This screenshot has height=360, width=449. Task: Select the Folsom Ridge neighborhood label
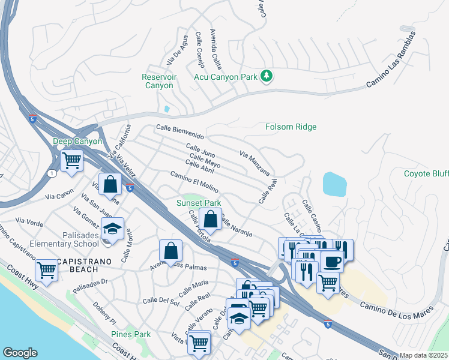pyautogui.click(x=291, y=127)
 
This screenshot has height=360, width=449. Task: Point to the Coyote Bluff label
pyautogui.click(x=426, y=173)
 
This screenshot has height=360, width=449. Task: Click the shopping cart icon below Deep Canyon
pyautogui.click(x=71, y=161)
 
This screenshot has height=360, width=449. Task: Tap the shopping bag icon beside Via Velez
pyautogui.click(x=110, y=185)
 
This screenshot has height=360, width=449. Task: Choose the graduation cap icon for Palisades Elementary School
pyautogui.click(x=112, y=229)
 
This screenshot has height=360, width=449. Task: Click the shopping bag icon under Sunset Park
pyautogui.click(x=211, y=220)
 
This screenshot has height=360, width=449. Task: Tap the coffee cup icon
pyautogui.click(x=333, y=262)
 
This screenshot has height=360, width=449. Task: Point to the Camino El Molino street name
pyautogui.click(x=194, y=180)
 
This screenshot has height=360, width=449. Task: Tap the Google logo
pyautogui.click(x=20, y=353)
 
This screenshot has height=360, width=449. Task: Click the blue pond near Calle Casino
pyautogui.click(x=334, y=184)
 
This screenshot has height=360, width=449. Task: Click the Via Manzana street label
pyautogui.click(x=255, y=162)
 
